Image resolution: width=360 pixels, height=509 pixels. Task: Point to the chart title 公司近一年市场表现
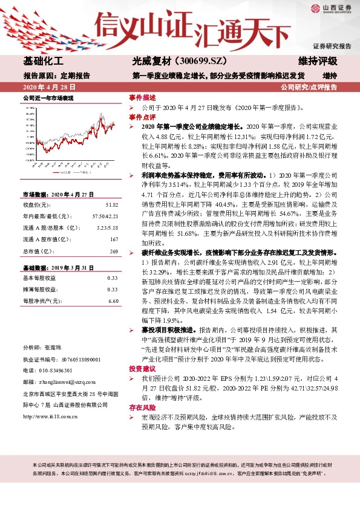(x=48, y=97)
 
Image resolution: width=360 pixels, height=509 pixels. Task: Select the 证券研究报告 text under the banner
(x=332, y=46)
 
